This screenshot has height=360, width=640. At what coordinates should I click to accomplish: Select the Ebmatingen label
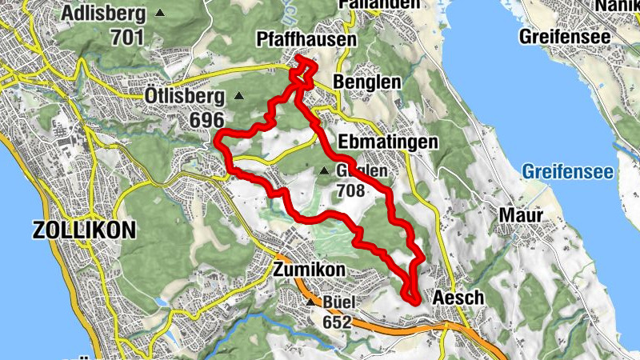pyautogui.click(x=388, y=142)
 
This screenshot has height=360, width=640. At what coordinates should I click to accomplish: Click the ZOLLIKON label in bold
pyautogui.click(x=84, y=230)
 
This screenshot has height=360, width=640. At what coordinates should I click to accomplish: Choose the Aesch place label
pyautogui.click(x=458, y=298)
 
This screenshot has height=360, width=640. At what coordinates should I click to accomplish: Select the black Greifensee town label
pyautogui.click(x=564, y=37)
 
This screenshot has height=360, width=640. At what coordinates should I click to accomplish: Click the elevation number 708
pyautogui.click(x=350, y=191)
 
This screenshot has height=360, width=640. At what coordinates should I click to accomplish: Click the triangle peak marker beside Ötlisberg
pyautogui.click(x=238, y=97)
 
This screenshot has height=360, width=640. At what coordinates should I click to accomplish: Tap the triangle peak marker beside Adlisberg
pyautogui.click(x=162, y=14)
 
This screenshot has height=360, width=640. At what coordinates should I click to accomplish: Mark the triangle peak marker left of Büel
pyautogui.click(x=310, y=302)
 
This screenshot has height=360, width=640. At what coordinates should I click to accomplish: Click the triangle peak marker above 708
pyautogui.click(x=324, y=170)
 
